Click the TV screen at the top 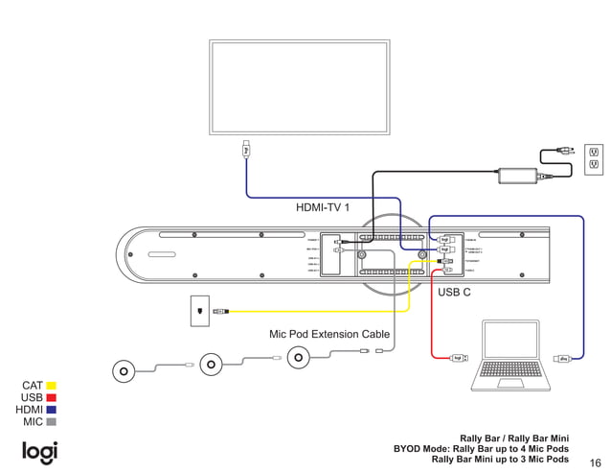[300, 88]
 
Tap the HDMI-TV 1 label [323, 207]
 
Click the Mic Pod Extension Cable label [329, 335]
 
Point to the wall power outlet [594, 160]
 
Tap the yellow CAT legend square [52, 386]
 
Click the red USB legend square [52, 397]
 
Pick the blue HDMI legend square [52, 410]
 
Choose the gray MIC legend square [52, 421]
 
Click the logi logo [40, 452]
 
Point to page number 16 [595, 461]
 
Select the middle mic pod [211, 365]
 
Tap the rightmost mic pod [299, 358]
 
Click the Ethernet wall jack [198, 311]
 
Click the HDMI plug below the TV [246, 150]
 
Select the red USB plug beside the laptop [459, 359]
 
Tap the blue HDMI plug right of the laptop [565, 359]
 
